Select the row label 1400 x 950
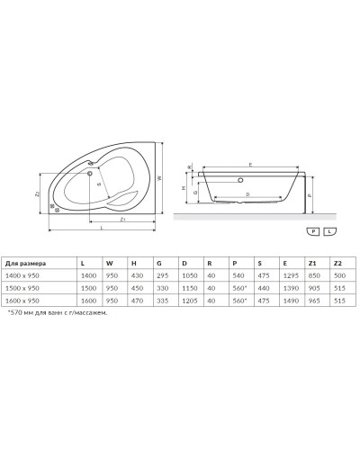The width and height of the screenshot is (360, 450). (23, 275)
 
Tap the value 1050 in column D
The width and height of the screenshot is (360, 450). (189, 275)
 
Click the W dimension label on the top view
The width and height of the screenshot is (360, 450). (158, 178)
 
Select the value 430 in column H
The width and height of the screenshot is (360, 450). (136, 275)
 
